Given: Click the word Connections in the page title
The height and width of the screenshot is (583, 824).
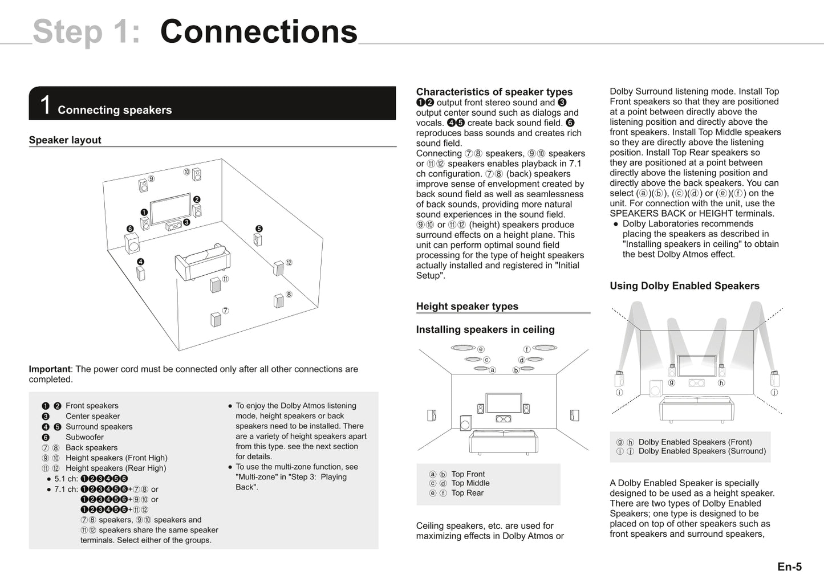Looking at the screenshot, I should pyautogui.click(x=258, y=32).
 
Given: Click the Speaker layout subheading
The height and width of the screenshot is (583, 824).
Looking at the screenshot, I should pyautogui.click(x=65, y=140).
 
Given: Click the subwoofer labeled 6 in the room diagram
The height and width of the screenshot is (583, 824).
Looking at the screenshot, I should pyautogui.click(x=132, y=243).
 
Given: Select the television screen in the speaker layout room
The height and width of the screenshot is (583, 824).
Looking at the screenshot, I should pyautogui.click(x=170, y=209).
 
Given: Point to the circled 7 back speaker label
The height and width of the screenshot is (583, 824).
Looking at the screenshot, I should pyautogui.click(x=225, y=311).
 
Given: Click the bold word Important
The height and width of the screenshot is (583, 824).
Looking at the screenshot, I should pyautogui.click(x=50, y=369).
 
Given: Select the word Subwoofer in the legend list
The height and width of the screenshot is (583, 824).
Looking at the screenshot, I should pyautogui.click(x=84, y=437).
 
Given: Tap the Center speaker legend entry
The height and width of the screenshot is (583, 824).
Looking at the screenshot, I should pyautogui.click(x=92, y=416).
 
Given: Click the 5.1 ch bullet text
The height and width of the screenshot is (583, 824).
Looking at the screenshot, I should pyautogui.click(x=66, y=479).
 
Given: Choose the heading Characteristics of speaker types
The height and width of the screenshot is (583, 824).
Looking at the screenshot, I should pyautogui.click(x=494, y=92).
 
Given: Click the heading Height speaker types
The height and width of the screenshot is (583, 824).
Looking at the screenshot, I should pyautogui.click(x=467, y=306).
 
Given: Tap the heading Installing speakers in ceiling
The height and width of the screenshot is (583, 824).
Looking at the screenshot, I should pyautogui.click(x=485, y=329).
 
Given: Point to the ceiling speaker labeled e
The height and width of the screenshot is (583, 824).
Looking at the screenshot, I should pyautogui.click(x=463, y=348).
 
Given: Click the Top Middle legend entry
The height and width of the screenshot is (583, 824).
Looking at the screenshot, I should pyautogui.click(x=470, y=483).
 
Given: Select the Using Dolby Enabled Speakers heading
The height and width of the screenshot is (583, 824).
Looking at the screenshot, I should pyautogui.click(x=684, y=286).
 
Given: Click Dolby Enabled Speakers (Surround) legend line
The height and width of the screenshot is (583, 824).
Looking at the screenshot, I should pyautogui.click(x=701, y=451).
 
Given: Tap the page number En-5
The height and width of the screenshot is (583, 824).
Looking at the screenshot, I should pyautogui.click(x=789, y=566).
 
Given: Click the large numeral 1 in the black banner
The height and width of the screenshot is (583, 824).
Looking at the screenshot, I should pyautogui.click(x=45, y=105).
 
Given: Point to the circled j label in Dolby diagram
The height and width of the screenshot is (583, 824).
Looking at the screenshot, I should pyautogui.click(x=774, y=392).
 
